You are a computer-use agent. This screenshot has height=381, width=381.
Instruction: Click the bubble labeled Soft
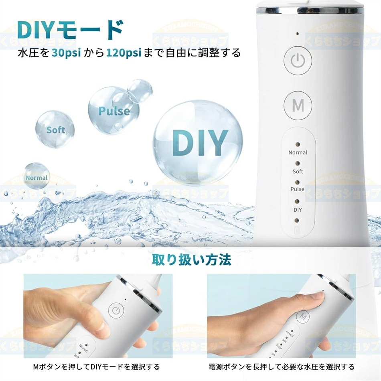click(55, 130)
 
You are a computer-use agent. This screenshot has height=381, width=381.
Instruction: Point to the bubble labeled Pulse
click(114, 110)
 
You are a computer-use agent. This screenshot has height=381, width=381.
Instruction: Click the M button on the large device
click(298, 105)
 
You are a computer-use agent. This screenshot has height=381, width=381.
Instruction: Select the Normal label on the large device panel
click(298, 152)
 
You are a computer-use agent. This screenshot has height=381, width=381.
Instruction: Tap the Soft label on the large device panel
click(298, 171)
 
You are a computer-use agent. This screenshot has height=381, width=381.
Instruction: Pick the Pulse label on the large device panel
click(298, 189)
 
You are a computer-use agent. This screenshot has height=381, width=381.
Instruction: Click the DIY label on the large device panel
click(298, 210)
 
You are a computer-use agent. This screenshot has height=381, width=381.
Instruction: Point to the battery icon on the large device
click(297, 231)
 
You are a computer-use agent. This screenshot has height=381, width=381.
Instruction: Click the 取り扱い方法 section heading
click(191, 260)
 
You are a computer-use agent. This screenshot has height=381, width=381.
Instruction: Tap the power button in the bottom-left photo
click(116, 310)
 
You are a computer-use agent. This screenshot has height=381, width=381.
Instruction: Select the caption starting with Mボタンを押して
click(96, 367)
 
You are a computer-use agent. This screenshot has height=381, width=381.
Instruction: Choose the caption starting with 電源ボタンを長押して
click(282, 367)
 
